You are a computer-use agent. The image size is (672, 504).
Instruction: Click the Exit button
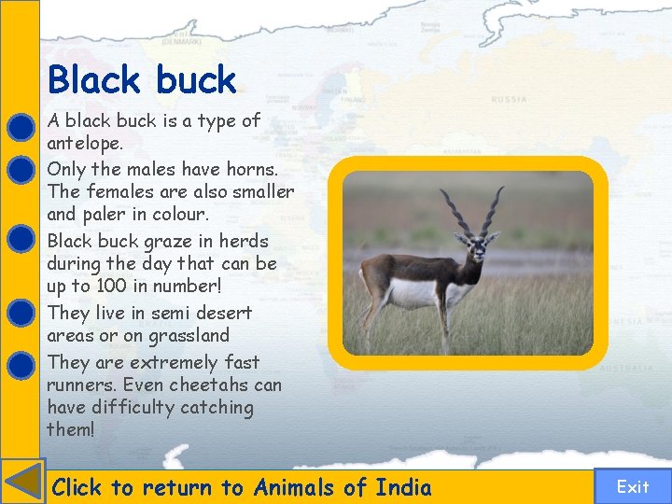point(632,486)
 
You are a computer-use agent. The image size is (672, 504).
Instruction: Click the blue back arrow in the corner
point(22,483)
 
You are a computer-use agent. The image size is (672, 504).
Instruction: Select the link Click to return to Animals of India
point(242,487)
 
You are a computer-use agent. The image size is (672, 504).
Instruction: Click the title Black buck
point(142,80)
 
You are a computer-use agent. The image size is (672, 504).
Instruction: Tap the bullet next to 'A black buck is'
point(21,126)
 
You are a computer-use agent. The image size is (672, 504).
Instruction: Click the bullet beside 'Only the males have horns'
point(21,170)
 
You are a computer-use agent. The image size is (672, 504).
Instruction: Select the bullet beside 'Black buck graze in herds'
point(21,238)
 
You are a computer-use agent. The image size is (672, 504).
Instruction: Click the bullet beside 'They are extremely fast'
point(21,362)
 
